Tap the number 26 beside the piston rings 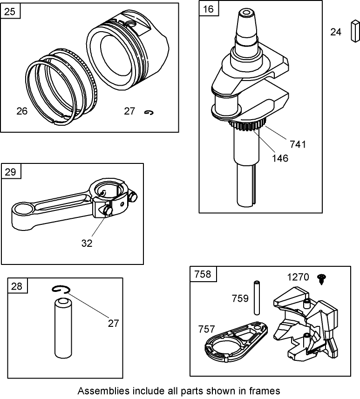(21, 111)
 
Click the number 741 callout (298, 144)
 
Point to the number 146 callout (280, 158)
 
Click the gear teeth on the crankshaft (247, 126)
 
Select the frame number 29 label (11, 172)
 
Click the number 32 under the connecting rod (87, 243)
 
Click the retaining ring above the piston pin (60, 290)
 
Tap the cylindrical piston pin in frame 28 (61, 328)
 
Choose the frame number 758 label (203, 274)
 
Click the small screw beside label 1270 (321, 278)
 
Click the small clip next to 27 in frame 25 (149, 112)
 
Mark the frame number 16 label (209, 9)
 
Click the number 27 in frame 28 (113, 323)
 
